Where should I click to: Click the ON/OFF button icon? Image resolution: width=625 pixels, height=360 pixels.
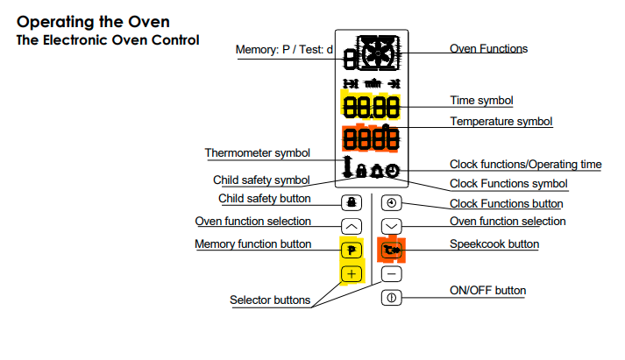coord(392,298)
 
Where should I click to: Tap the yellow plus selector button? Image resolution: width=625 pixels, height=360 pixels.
coord(352,274)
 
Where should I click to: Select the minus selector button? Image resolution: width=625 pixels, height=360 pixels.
coord(392,274)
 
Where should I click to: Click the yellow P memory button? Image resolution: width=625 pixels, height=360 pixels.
coord(352,251)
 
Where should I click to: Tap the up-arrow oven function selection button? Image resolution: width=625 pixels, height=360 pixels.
coord(352,226)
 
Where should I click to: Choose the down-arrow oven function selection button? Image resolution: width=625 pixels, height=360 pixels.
coord(392,226)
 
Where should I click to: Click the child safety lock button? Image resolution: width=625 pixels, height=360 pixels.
coord(352,202)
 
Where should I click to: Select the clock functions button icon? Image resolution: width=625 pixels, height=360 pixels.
coord(392,202)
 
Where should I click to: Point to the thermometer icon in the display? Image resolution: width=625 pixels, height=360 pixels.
coord(350,166)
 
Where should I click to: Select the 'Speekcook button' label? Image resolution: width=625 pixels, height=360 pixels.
coord(494,244)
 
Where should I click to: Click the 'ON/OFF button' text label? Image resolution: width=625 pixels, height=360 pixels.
coord(487,290)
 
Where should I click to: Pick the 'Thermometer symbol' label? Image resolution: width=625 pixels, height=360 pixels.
coord(258,153)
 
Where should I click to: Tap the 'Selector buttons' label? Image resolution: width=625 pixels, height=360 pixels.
coord(270,300)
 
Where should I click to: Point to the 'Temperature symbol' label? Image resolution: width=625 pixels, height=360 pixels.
coord(501,121)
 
